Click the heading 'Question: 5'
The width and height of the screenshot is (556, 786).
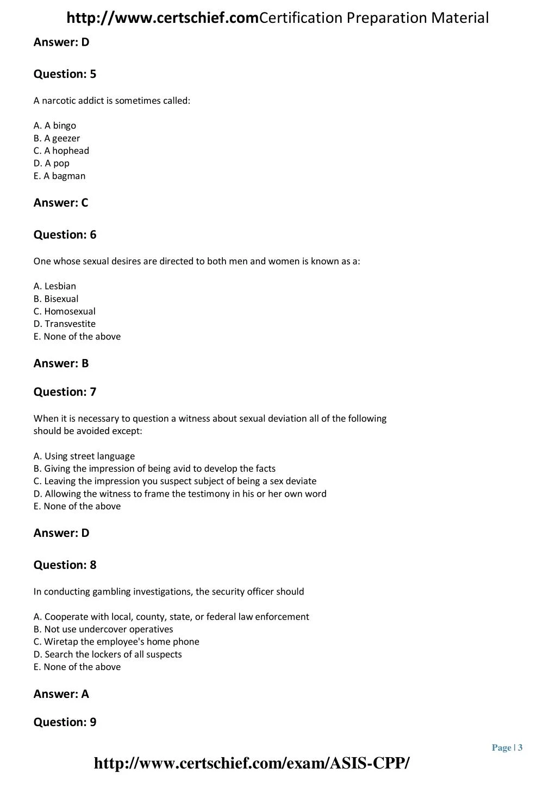pos(65,74)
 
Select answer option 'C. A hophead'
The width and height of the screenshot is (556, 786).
pos(61,151)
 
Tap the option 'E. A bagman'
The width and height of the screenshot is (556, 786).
pos(59,176)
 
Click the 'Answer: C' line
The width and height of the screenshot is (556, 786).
pos(61,203)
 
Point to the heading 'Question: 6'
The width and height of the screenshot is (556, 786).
pos(65,234)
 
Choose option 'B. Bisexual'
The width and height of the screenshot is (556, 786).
pos(55,299)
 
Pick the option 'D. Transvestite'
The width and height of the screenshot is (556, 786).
pos(64,324)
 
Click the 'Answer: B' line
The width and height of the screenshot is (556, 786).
pos(61,363)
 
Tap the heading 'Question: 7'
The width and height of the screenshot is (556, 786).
pos(65,392)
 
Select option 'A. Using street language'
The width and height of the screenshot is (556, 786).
pos(84,456)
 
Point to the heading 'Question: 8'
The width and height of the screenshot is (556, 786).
pos(65,565)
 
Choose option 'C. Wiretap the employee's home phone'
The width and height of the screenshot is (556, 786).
pos(116,641)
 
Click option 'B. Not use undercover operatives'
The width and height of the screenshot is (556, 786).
pos(103,629)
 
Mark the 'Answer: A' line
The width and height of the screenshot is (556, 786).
pos(61,694)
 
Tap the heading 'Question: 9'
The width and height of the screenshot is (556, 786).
pos(65,722)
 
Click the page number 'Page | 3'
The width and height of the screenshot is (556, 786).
pos(507,747)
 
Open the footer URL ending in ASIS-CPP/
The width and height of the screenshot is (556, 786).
pos(252,763)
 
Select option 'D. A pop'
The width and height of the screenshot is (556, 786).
pos(51,163)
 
